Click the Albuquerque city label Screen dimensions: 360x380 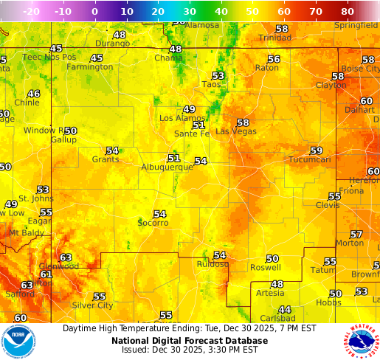click(167, 167)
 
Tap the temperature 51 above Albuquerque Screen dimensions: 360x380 click(173, 158)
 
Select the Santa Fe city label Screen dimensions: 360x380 click(191, 134)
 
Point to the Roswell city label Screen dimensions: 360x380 click(266, 268)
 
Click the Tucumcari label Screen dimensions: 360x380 click(309, 159)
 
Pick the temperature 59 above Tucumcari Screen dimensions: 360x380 click(316, 150)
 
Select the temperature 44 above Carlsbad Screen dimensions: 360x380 click(284, 309)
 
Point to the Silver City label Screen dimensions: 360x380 click(92, 305)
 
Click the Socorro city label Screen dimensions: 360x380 click(153, 223)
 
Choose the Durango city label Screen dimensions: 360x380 click(112, 44)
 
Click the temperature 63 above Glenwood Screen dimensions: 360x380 click(66, 257)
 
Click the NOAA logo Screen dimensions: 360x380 click(18, 342)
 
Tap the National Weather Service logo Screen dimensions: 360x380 click(361, 342)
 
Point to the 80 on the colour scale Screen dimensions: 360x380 click(348, 12)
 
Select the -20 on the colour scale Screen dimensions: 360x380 click(31, 12)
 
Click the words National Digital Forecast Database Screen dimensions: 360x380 click(190, 341)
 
